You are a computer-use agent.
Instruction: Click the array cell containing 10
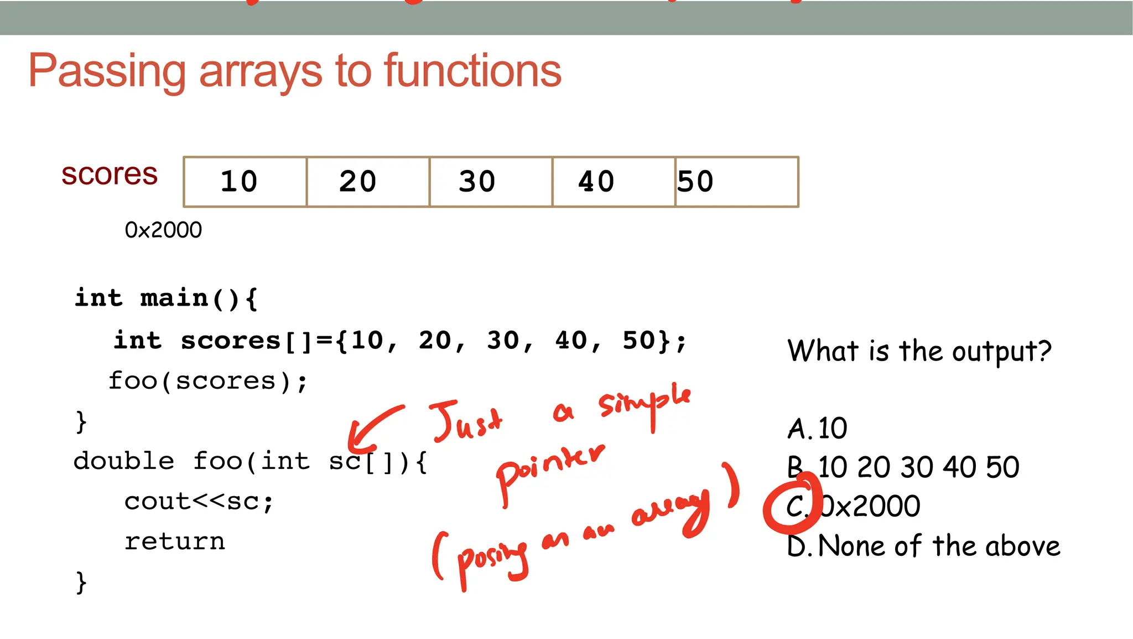245,182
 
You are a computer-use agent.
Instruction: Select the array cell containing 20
368,182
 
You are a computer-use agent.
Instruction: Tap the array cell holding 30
491,182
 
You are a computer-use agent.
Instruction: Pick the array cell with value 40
614,182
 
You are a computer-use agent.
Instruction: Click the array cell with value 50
736,182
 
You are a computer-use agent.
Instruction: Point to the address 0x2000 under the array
163,230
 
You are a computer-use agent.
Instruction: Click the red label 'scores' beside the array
110,174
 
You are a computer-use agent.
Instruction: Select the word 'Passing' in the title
107,71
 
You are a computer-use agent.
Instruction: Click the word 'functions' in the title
472,71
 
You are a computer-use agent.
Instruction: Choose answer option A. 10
817,429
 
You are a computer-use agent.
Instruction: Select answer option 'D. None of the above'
923,546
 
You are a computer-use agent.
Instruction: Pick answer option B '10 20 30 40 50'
903,467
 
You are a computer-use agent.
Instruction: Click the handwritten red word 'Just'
466,421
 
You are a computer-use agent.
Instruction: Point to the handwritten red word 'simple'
645,403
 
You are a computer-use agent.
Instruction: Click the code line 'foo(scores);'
207,381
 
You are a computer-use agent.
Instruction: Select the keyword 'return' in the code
175,542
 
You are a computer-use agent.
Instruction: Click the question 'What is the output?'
919,351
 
